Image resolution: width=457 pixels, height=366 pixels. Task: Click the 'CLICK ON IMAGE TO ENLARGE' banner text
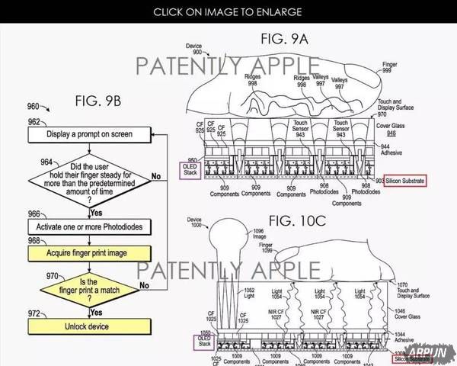(x=228, y=11)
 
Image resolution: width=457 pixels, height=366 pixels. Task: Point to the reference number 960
(x=34, y=106)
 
